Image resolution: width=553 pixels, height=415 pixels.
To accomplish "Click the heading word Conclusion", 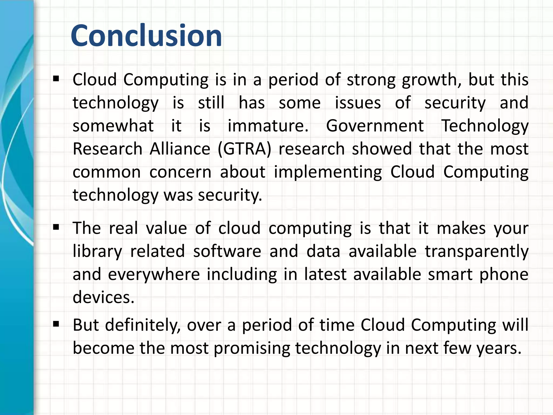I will pos(146,36).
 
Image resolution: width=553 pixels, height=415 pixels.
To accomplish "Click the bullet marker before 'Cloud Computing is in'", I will pos(56,79).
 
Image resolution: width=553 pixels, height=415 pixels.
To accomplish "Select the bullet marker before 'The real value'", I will pos(56,227).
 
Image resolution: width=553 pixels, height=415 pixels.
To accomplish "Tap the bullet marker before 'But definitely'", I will pos(56,324).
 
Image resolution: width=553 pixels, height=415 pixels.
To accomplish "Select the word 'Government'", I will pos(375,126).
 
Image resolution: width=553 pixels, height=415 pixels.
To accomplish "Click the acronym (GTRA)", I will pos(244,149).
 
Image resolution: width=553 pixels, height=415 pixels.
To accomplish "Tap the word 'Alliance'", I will pos(180,149).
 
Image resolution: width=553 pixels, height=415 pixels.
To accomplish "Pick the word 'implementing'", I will pos(328,173).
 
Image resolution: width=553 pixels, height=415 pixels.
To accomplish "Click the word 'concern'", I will pos(180,172).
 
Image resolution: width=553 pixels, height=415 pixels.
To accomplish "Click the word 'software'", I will pos(227,251).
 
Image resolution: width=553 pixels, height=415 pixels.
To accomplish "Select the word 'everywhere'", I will pos(154,275).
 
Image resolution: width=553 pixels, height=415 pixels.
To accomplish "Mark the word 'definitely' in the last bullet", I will pos(143,325).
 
